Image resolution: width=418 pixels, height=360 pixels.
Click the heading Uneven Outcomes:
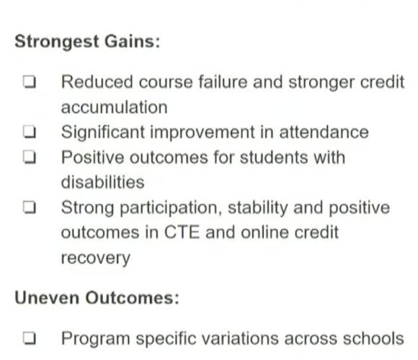point(97,297)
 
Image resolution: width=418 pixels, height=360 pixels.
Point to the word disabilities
point(102,183)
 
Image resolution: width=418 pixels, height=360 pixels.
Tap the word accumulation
point(114,107)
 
